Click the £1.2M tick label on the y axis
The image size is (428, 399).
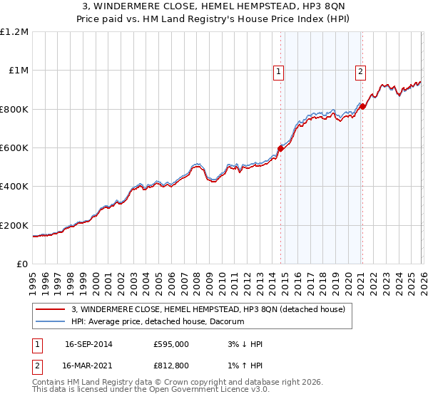[x=14, y=32]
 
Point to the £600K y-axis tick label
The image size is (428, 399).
[x=14, y=148]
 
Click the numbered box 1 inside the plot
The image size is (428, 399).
[x=277, y=71]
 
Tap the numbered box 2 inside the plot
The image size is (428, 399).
[x=361, y=71]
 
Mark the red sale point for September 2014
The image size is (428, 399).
[x=280, y=149]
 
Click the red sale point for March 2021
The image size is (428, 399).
[x=362, y=107]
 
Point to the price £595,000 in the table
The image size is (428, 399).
[x=170, y=344]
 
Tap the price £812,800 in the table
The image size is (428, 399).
[x=170, y=366]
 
